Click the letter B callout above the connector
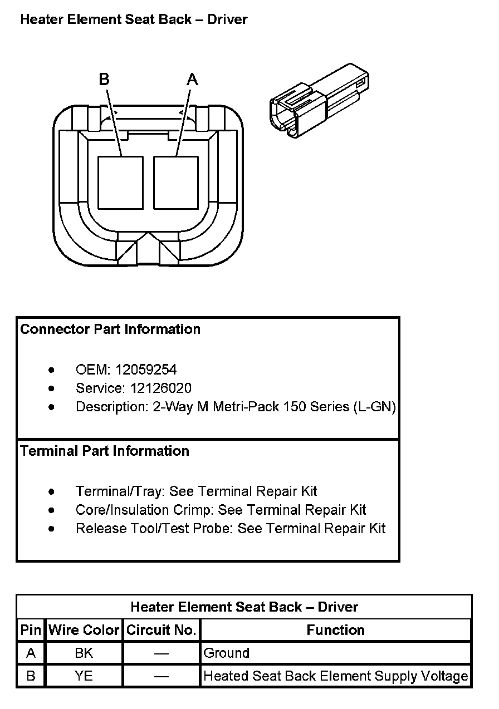[x=104, y=80]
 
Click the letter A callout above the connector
[x=192, y=80]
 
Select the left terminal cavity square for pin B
[x=120, y=183]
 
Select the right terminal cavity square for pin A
[x=176, y=183]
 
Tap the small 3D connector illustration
[x=320, y=100]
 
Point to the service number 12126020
[x=162, y=388]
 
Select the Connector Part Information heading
[x=110, y=329]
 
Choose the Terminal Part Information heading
[x=105, y=451]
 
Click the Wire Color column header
[x=84, y=630]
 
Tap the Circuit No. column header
[x=162, y=630]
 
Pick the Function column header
[x=336, y=630]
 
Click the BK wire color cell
[x=84, y=653]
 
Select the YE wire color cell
[x=84, y=676]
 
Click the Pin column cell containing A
[x=31, y=653]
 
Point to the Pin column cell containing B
[x=31, y=676]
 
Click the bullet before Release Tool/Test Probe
[x=52, y=528]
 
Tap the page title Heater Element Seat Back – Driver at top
[x=134, y=19]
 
